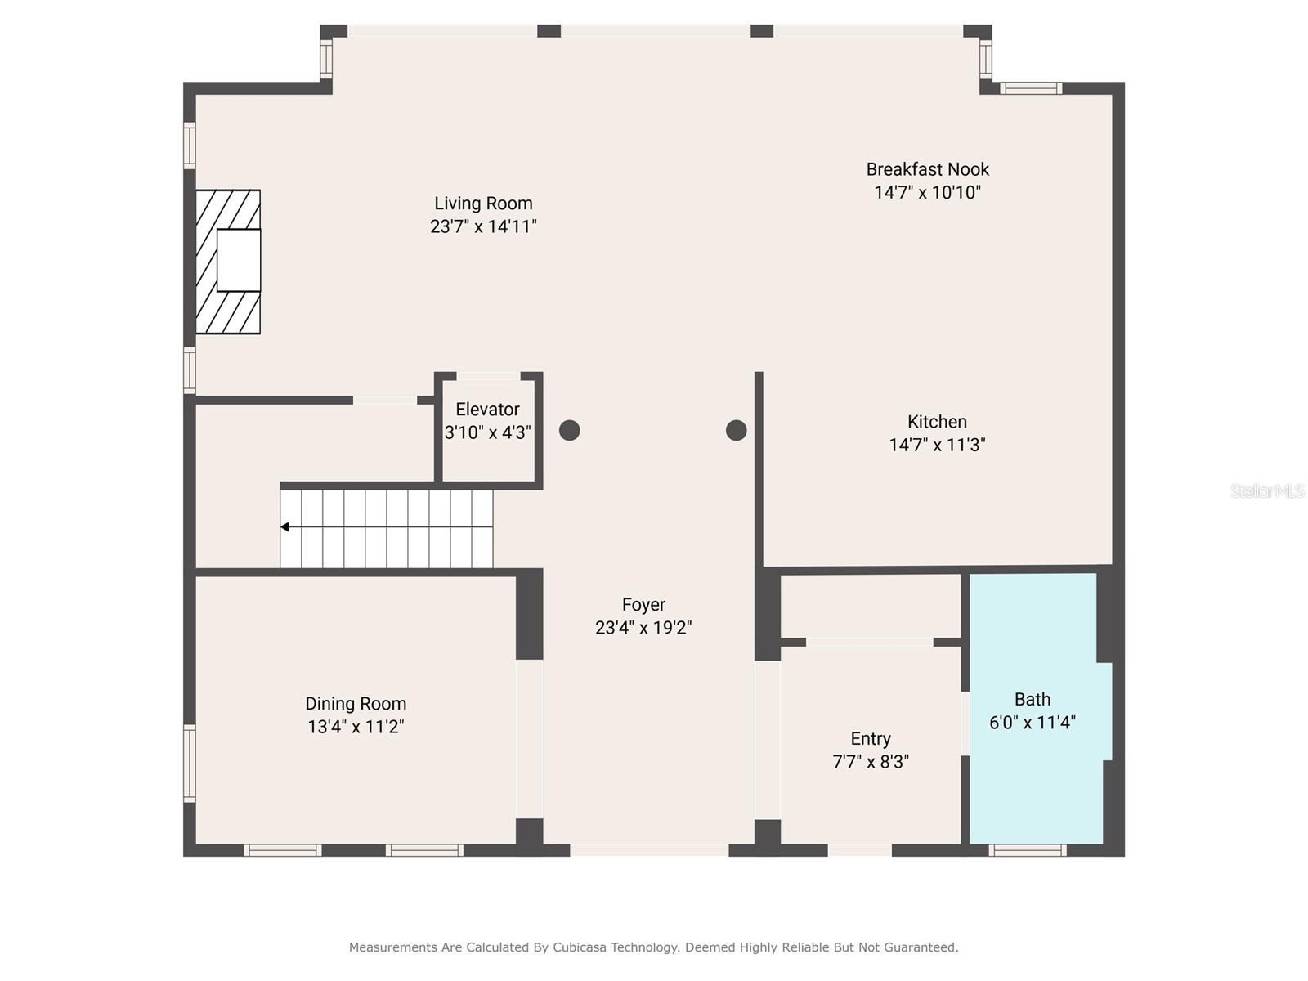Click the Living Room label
482,204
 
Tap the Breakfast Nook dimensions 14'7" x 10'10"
927,193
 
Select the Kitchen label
937,422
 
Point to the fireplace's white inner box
239,260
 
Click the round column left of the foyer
570,430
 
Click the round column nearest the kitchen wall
736,430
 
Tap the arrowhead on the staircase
284,527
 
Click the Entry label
871,739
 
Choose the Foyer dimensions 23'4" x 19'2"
643,628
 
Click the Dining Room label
356,704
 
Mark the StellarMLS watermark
1266,490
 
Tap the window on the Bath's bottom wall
1027,851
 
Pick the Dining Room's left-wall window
189,764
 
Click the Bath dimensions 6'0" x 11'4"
1033,723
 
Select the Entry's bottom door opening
859,851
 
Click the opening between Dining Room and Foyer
529,739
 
